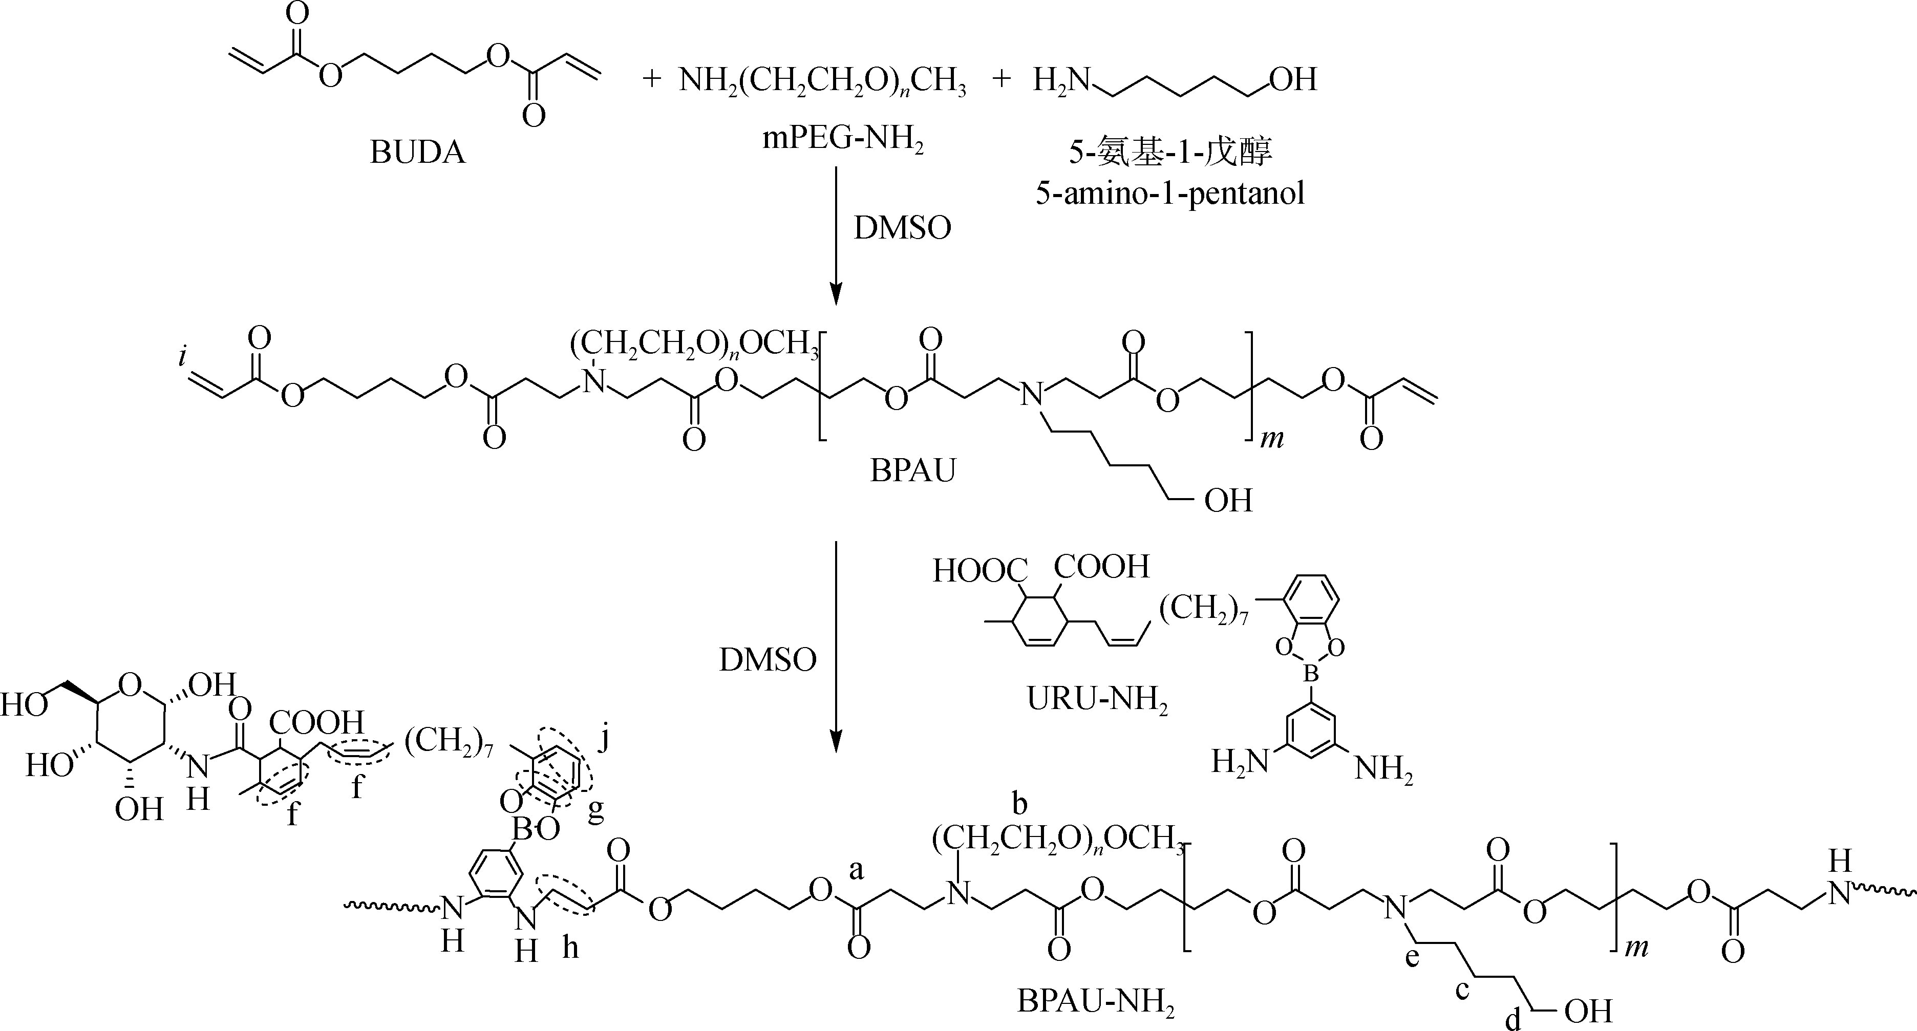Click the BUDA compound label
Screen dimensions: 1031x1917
click(x=417, y=153)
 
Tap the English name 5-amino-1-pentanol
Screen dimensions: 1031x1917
click(x=1170, y=194)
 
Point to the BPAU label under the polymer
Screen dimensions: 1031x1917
click(x=912, y=471)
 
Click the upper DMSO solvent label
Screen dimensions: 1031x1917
click(x=902, y=228)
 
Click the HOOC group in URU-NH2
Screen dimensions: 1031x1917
click(x=979, y=571)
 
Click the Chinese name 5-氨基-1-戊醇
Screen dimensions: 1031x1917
click(x=1170, y=152)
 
